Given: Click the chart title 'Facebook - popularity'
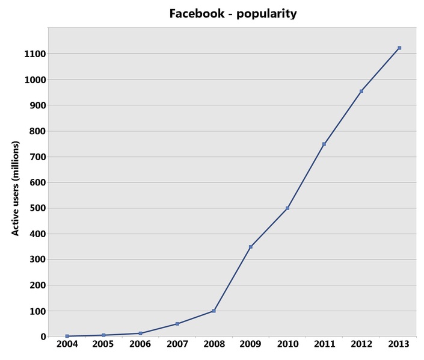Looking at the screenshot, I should [233, 13].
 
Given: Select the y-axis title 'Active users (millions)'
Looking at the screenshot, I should [16, 188].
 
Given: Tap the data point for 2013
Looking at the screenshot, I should [399, 48].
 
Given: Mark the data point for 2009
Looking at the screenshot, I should [251, 247].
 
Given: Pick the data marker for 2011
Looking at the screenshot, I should [324, 144].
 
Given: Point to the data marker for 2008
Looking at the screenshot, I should [214, 311].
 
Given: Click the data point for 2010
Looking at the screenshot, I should [287, 208].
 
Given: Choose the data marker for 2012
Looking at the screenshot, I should [361, 91].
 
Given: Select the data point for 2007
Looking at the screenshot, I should [177, 324].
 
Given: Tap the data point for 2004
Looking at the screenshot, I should [67, 336].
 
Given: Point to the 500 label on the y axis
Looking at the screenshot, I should [38, 208].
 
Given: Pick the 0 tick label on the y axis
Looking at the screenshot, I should [43, 337].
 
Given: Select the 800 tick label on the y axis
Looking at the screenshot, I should [38, 131].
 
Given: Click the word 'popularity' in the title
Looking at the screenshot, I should [266, 13].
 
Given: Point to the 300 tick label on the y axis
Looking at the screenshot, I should [38, 259].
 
